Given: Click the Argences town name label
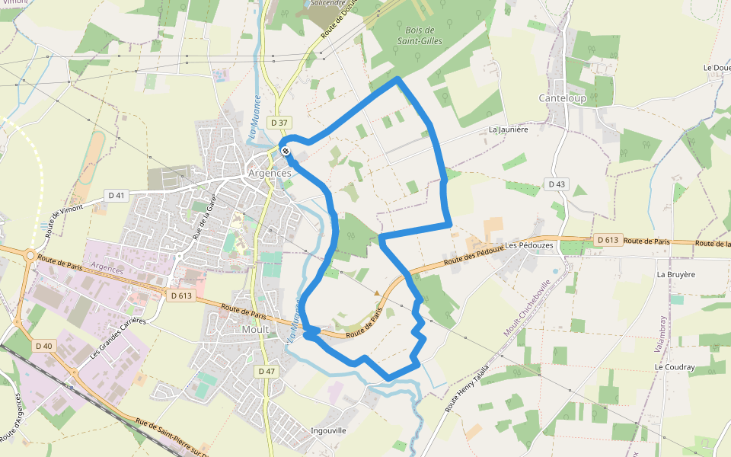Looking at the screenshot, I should point(270,173).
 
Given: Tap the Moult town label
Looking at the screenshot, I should point(255,330).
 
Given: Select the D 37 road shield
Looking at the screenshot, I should point(279,123).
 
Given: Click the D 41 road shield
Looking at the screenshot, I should point(116,196).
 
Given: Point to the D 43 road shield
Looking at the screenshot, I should point(557,184).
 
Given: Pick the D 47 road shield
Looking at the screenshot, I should point(265,371).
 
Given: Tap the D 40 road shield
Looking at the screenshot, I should point(44,346).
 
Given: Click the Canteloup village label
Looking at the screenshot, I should point(562,98).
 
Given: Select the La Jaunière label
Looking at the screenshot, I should point(509,129).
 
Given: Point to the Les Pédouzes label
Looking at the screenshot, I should point(527,245).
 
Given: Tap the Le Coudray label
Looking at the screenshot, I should point(675,367).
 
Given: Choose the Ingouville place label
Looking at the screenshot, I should point(329,430).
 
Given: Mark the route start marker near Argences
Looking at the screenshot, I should point(285,151).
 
